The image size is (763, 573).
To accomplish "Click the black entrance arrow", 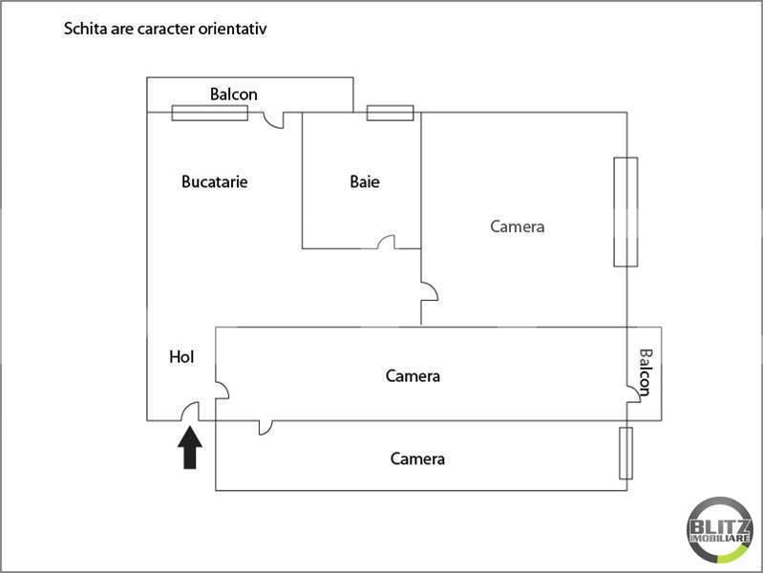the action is [x=190, y=448].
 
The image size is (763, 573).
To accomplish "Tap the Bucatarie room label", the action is [x=215, y=182].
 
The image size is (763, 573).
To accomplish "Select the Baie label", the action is [x=365, y=181].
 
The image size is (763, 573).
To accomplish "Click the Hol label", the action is [x=181, y=357].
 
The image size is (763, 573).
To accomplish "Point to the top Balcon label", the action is [x=234, y=94].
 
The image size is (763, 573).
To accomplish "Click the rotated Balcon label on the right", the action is [x=646, y=372].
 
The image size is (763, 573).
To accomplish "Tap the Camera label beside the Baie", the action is [x=518, y=226].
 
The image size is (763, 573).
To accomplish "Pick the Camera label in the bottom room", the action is [x=417, y=458].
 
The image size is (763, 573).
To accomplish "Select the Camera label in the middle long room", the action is [x=413, y=376].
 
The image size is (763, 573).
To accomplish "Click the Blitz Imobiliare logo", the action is [x=720, y=530].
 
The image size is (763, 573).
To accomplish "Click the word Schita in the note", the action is [x=86, y=29].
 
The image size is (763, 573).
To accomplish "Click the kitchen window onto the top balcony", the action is [x=210, y=113].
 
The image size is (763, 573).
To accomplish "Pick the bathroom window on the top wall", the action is [x=391, y=113].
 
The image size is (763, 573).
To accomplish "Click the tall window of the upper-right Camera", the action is [x=625, y=212].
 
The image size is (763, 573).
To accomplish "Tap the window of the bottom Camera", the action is [x=625, y=454].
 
